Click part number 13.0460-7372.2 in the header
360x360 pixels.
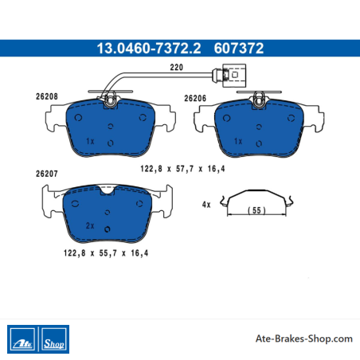coord(149,49)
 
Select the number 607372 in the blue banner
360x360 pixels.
coord(239,49)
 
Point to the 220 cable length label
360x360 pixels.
coord(176,67)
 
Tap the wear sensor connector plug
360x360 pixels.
coord(233,76)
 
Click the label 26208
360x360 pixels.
coord(47,96)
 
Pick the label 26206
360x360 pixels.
coord(195,99)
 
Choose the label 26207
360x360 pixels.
coord(47,174)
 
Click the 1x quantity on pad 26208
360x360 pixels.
coord(90,141)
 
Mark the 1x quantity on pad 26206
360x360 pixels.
coord(238,141)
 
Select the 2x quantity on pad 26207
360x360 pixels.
coord(90,225)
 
